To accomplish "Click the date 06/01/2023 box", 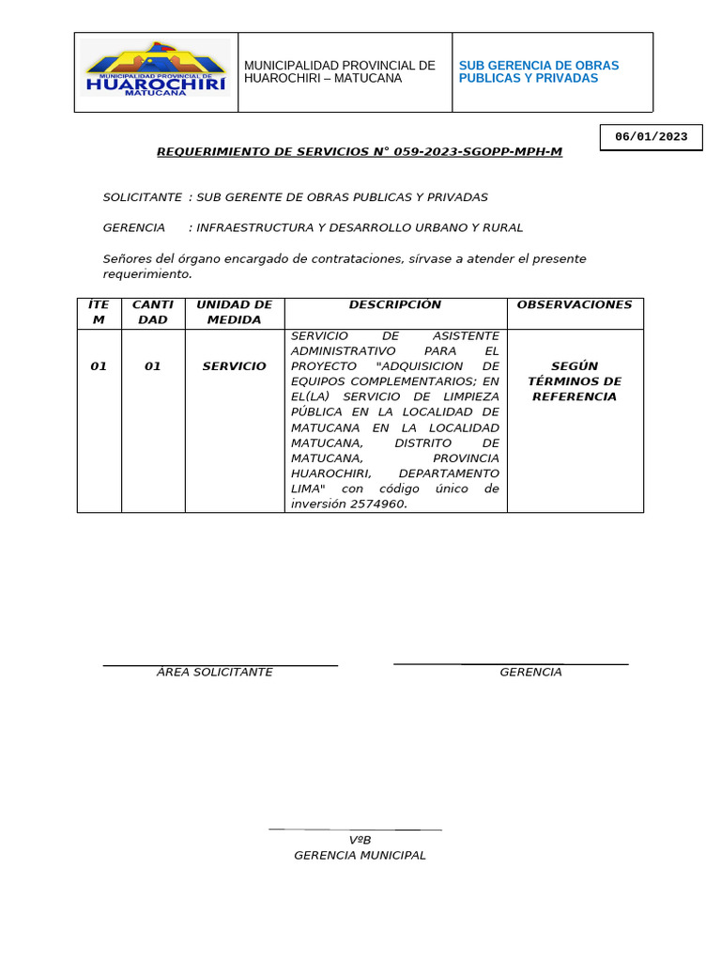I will pyautogui.click(x=651, y=137).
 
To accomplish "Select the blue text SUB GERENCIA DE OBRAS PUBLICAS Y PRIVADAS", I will pyautogui.click(x=538, y=72).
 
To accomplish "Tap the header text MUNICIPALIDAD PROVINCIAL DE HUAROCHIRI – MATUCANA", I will pyautogui.click(x=339, y=72).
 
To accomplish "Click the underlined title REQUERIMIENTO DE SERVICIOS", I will pyautogui.click(x=359, y=151).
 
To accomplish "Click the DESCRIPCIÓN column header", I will pyautogui.click(x=394, y=305).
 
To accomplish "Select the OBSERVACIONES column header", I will pyautogui.click(x=575, y=305).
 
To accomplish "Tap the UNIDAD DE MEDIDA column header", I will pyautogui.click(x=234, y=312).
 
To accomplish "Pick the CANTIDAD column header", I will pyautogui.click(x=152, y=312).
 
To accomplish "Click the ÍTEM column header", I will pyautogui.click(x=99, y=312).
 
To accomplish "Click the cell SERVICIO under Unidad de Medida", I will pyautogui.click(x=234, y=366).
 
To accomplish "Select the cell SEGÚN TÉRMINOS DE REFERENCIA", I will pyautogui.click(x=575, y=381).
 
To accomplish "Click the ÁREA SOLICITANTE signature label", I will pyautogui.click(x=214, y=673).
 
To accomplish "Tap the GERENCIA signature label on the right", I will pyautogui.click(x=530, y=673).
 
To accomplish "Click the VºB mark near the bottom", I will pyautogui.click(x=360, y=840).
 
